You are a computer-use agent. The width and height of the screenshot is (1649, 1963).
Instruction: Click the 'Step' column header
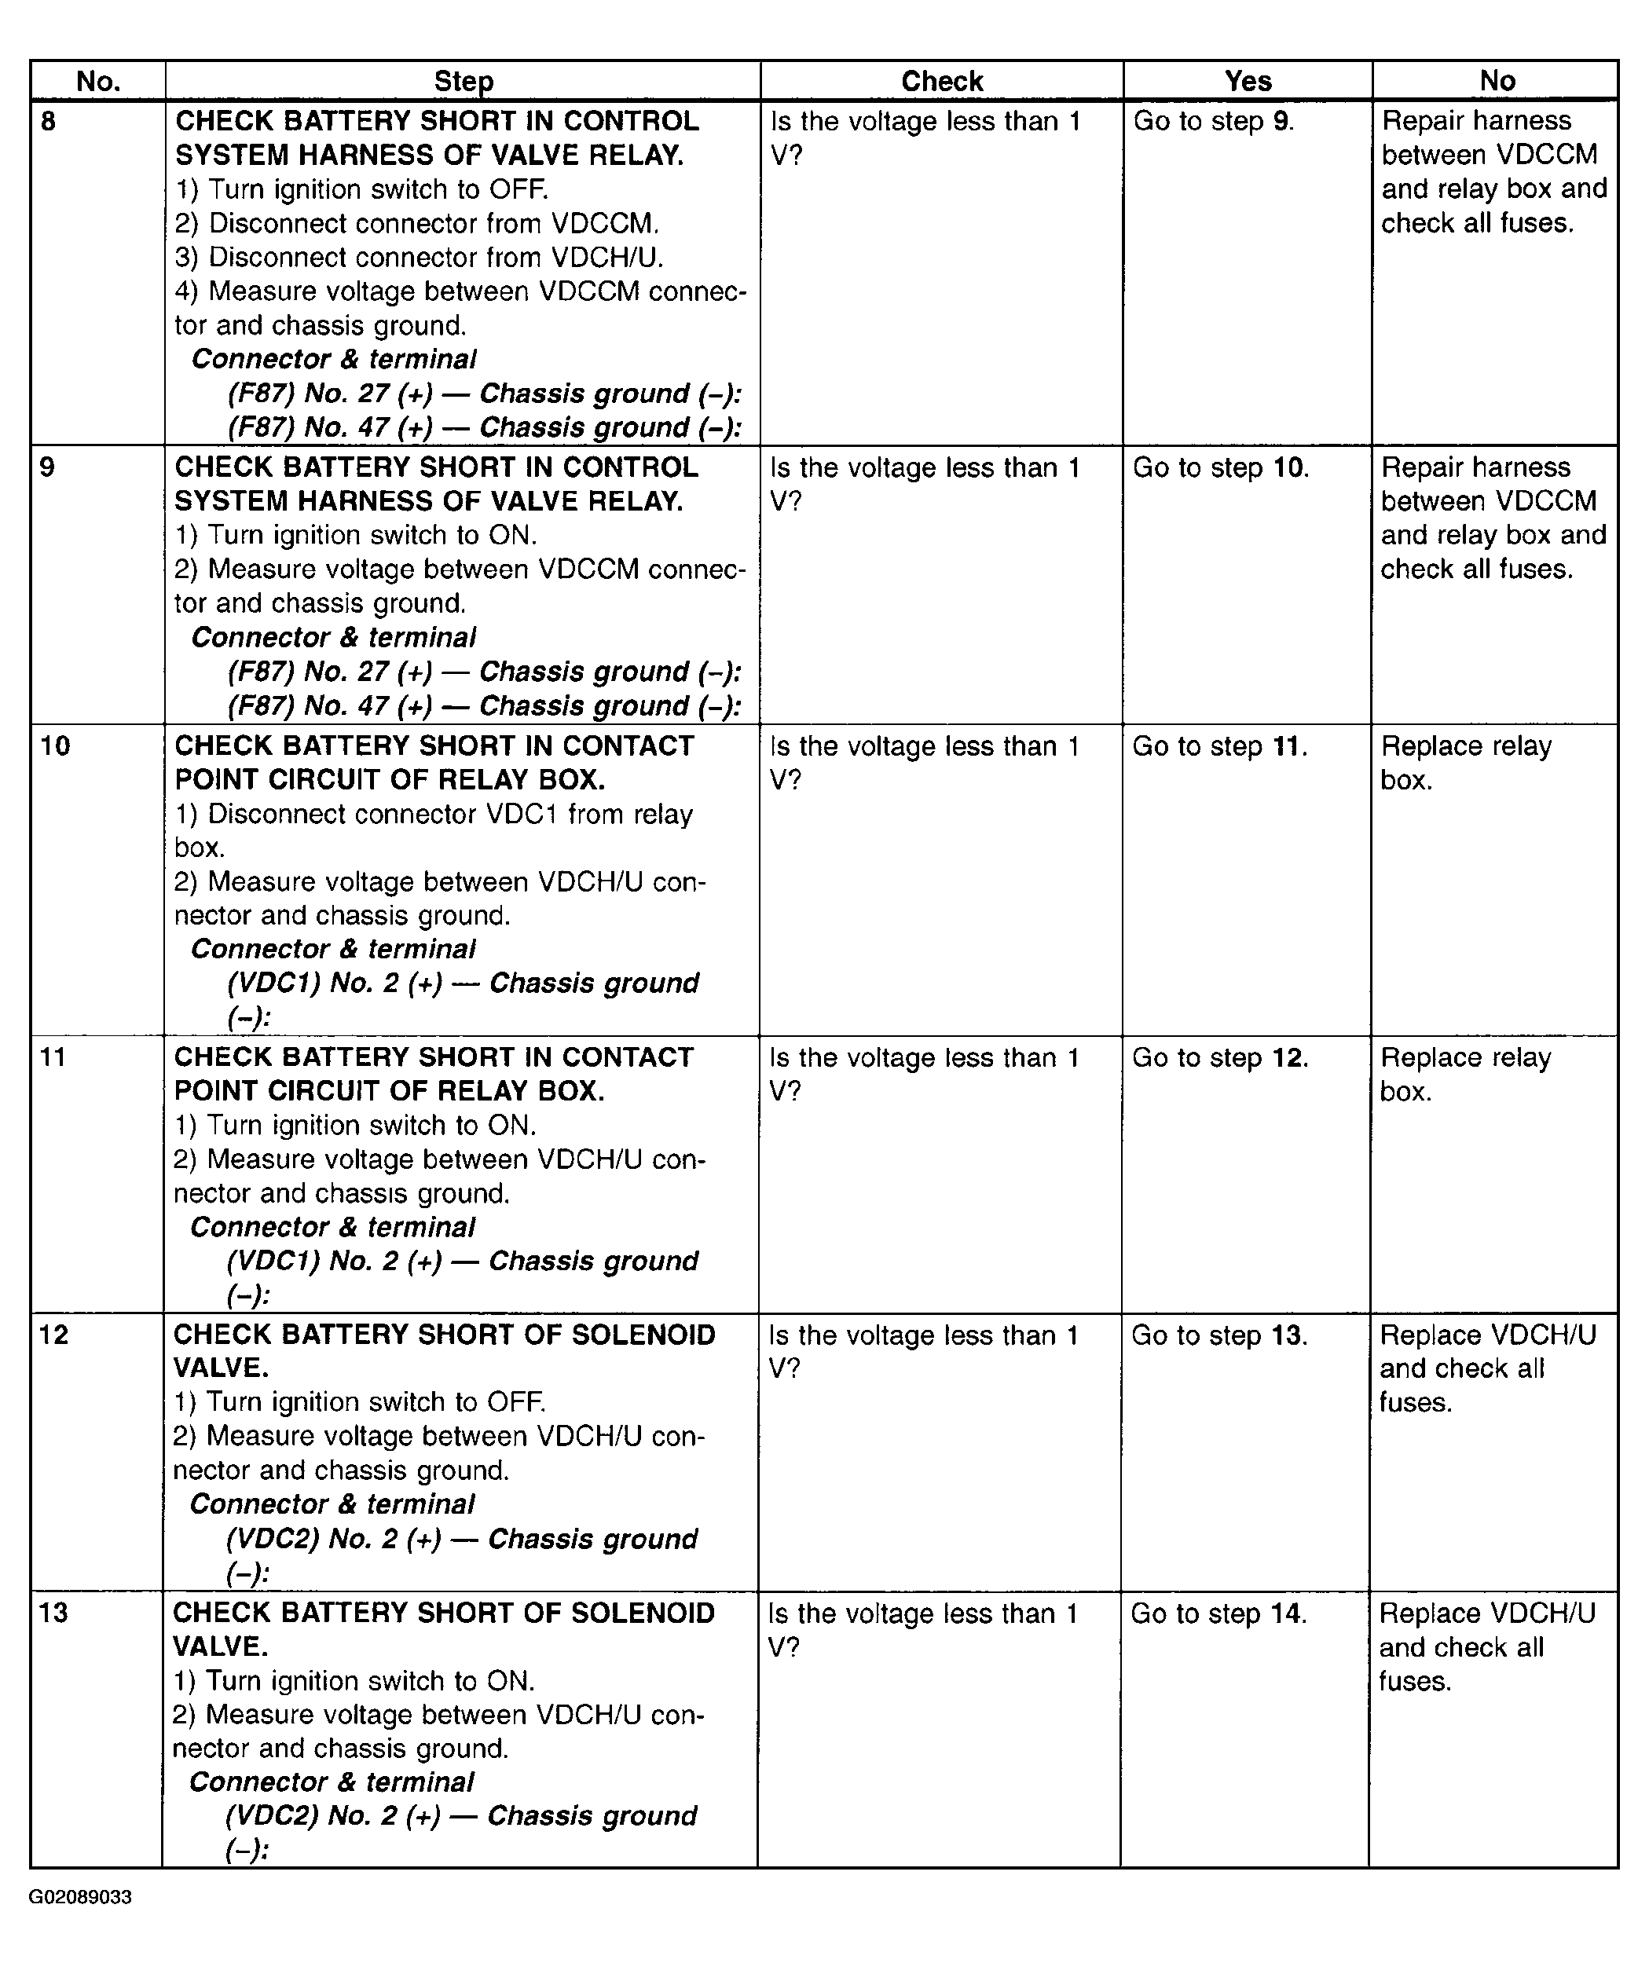[464, 82]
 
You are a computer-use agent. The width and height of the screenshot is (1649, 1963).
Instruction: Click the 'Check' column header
[941, 82]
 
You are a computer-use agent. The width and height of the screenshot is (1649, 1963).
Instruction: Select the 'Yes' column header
[1248, 82]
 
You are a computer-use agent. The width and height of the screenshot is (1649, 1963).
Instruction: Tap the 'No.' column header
[98, 82]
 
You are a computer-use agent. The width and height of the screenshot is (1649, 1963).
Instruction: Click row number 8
[49, 122]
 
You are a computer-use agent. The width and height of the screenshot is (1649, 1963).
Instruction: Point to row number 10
[55, 746]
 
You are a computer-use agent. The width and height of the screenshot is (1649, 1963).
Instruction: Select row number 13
[54, 1613]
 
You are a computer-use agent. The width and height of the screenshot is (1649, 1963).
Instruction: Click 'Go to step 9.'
[1214, 122]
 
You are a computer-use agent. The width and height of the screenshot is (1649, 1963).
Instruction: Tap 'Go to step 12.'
[1220, 1057]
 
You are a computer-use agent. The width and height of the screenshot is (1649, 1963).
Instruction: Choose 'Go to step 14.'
[1218, 1613]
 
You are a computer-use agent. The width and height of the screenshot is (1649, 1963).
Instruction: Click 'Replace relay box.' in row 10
[1466, 763]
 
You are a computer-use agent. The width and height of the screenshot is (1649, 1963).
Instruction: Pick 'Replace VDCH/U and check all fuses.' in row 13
[1486, 1647]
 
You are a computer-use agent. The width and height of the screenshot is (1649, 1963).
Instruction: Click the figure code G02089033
[80, 1897]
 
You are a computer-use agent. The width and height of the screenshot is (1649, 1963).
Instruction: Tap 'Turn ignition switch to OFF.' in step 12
[360, 1402]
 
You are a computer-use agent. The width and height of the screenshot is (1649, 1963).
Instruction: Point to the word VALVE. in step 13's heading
[221, 1646]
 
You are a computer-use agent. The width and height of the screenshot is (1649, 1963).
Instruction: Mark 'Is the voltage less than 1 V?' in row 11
[924, 1073]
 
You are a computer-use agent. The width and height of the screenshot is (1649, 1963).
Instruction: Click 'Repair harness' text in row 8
[1476, 121]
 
